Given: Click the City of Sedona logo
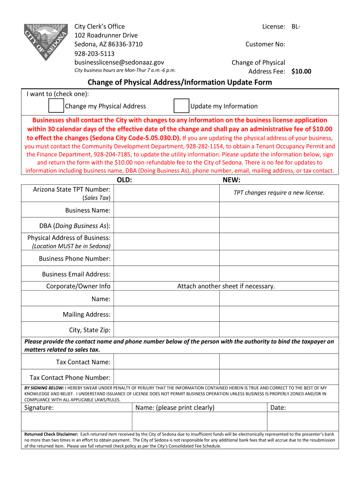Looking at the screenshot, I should pos(45,41).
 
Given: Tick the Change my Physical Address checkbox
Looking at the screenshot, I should pos(56,106).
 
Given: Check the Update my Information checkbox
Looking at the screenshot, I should pos(181,106).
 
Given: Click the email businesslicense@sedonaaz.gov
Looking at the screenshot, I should pos(119,62).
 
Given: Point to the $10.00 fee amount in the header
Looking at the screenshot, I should pos(301,72).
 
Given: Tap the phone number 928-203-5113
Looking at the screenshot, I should pos(94,53).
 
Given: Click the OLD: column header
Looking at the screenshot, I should pos(124,180).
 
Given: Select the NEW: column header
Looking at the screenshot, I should pos(231,180).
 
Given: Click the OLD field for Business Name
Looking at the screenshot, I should pos(167,210).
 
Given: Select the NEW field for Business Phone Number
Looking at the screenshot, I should pos(286,258).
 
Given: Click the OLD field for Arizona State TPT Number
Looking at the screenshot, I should pos(167,193).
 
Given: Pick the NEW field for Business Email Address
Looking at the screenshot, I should pos(286,274).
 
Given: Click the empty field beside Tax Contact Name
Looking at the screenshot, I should pos(167,362).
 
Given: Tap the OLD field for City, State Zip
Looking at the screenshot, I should pos(167,330).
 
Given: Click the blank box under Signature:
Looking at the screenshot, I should pos(77,421).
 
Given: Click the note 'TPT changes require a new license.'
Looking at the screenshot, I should pos(279,193).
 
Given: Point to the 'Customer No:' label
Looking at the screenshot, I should pos(265,44).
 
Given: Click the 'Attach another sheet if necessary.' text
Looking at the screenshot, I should pos(226,286).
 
